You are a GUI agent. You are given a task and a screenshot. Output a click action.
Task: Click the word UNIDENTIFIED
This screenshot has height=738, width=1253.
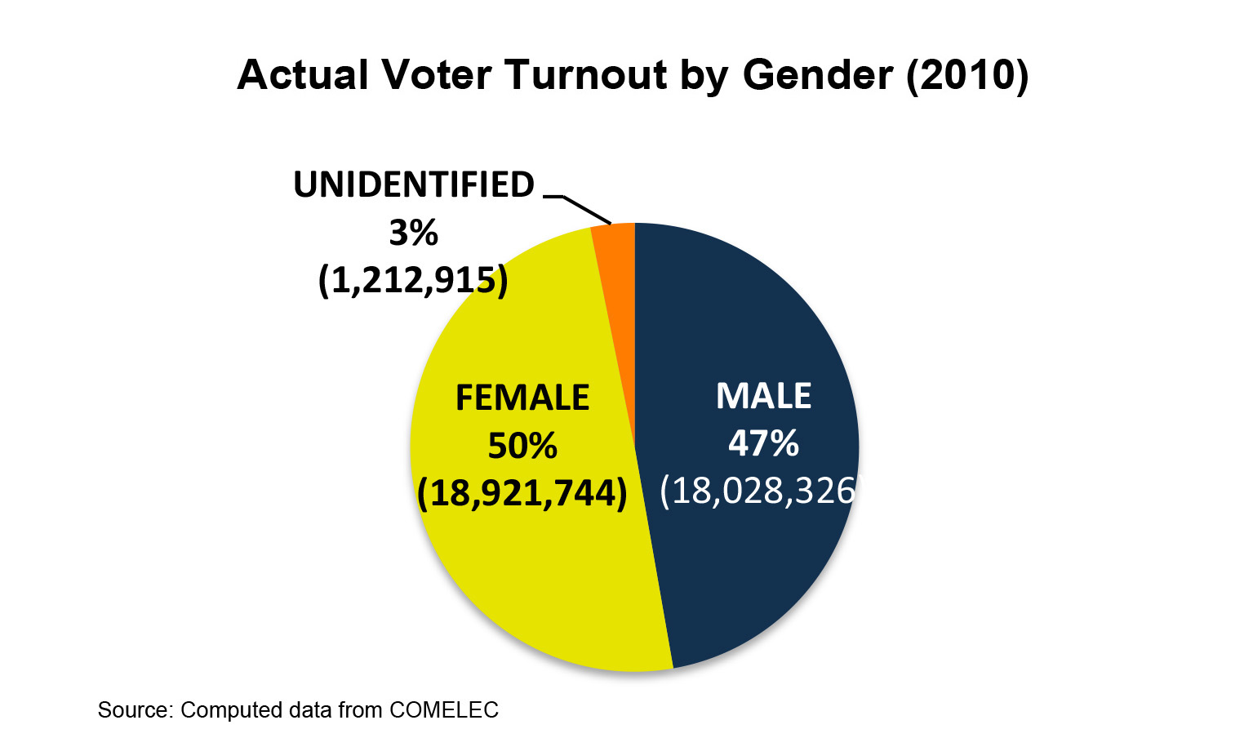coord(414,185)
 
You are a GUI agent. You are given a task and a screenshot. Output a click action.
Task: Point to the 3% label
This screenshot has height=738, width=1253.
coord(414,233)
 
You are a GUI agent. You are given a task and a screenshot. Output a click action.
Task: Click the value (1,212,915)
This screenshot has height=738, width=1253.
coord(413,281)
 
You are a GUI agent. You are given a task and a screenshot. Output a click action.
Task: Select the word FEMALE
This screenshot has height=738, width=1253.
coord(522,398)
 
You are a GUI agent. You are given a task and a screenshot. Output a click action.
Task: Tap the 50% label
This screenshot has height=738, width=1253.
coord(522,446)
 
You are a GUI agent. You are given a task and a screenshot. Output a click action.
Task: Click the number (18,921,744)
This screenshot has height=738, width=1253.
coord(522,493)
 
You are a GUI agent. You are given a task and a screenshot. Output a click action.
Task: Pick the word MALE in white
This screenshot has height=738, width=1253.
coord(763,396)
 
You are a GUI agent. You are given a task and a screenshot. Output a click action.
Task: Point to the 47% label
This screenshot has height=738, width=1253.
coord(763,443)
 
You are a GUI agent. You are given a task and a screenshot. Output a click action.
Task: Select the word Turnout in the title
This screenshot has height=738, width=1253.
coord(586,75)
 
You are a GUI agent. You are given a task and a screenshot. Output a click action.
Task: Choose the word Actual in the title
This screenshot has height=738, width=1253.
coord(303,75)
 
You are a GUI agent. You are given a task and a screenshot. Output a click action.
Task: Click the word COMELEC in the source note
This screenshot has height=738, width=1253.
coord(443,710)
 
